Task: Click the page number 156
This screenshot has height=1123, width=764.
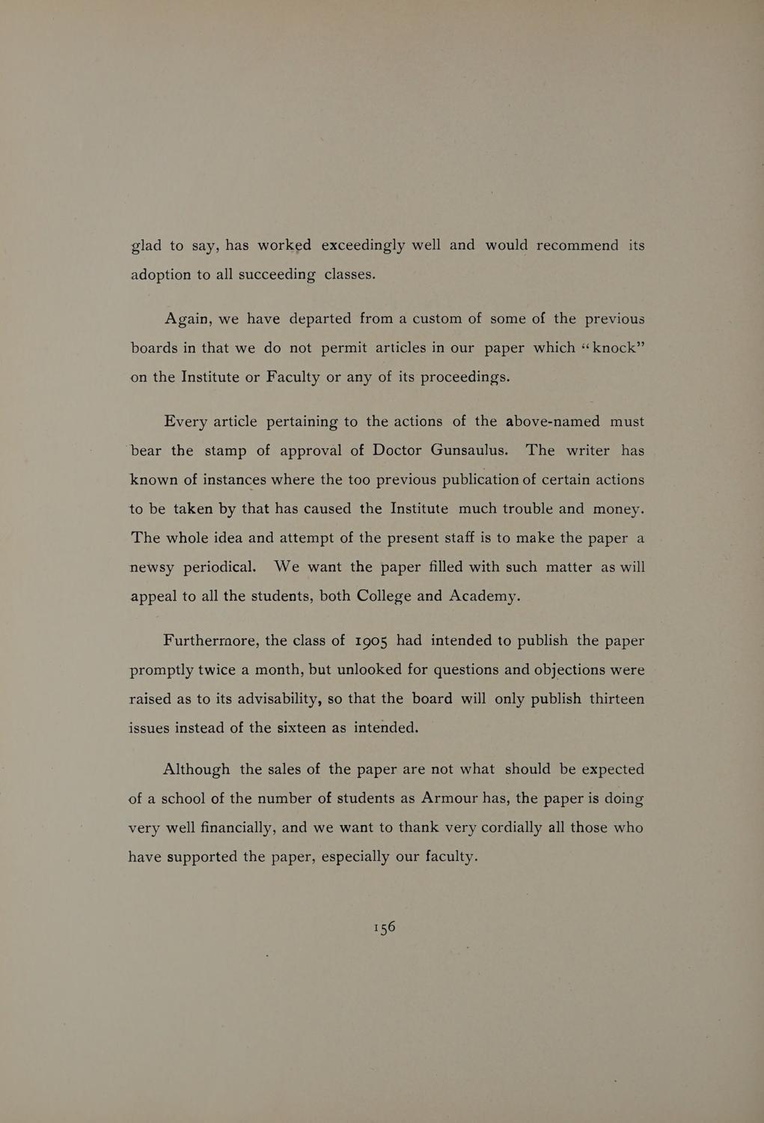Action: (383, 927)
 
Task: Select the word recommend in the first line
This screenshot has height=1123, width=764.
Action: (577, 246)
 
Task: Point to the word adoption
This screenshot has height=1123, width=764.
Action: (160, 275)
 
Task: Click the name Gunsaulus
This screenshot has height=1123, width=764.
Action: (470, 451)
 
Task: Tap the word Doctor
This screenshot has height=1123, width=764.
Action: (397, 451)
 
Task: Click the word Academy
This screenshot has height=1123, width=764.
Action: (483, 597)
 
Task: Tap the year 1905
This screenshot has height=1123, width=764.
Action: (370, 642)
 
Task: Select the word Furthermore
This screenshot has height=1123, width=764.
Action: (211, 641)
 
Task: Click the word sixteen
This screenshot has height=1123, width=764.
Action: (298, 728)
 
